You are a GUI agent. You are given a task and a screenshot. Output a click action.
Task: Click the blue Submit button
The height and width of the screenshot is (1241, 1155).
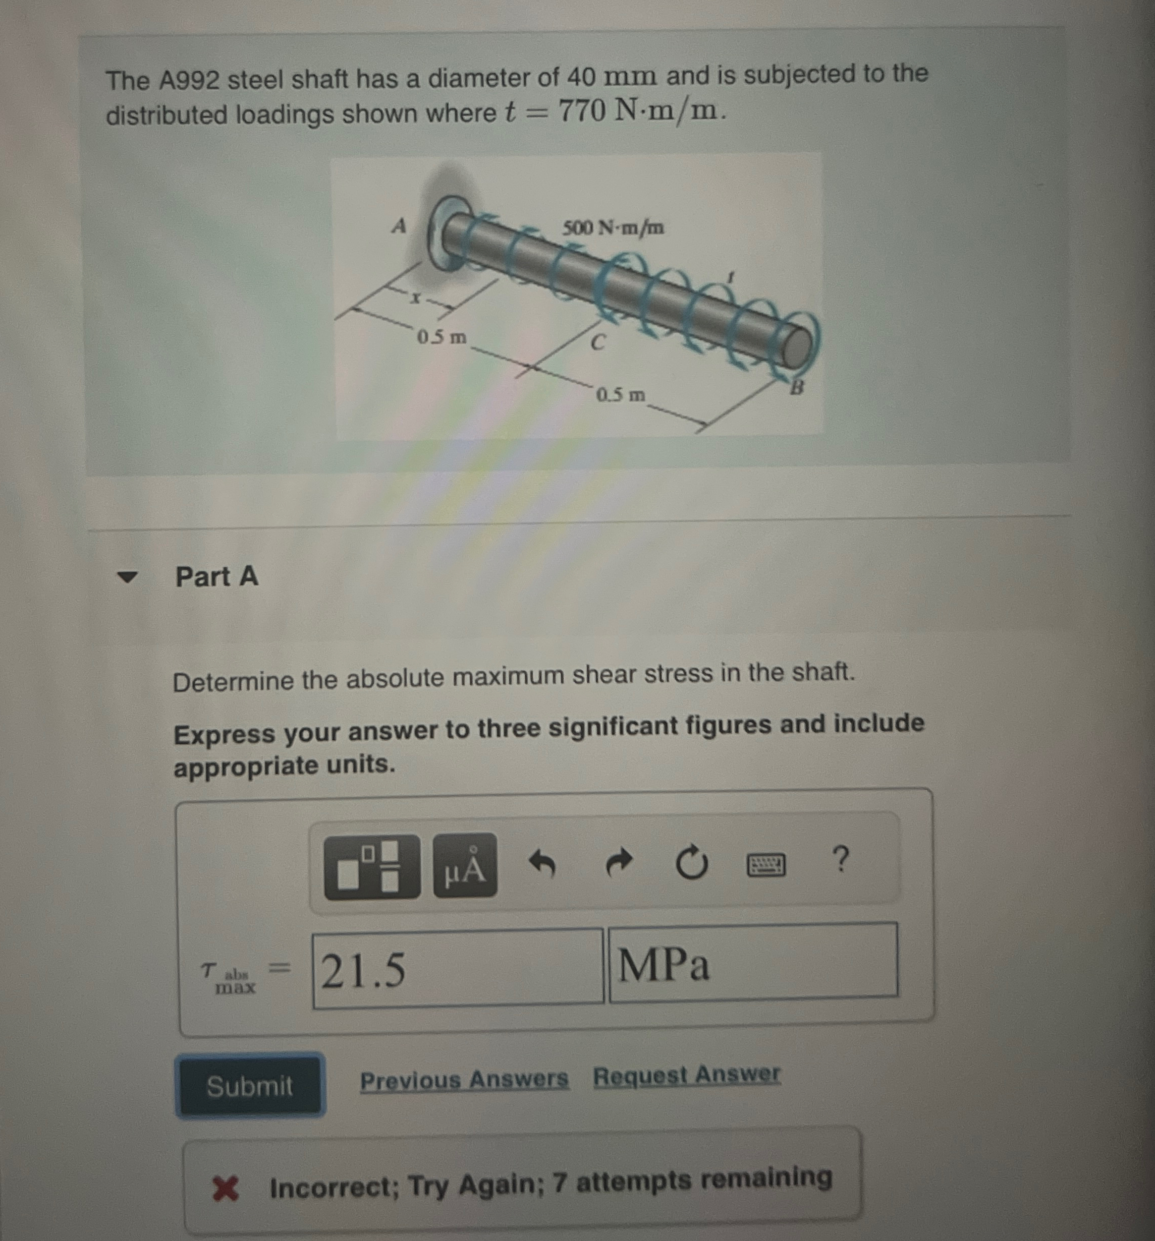(250, 1086)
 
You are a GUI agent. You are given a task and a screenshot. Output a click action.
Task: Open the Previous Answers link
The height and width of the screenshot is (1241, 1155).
(464, 1079)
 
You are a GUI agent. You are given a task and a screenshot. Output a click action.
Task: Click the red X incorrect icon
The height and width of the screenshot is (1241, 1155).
(225, 1188)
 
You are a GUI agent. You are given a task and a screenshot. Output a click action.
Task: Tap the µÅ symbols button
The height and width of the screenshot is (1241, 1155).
(465, 866)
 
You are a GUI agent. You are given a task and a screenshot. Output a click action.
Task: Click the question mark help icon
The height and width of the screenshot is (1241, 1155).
(842, 860)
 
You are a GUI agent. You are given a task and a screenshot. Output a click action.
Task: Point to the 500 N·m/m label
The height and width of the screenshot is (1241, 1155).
(613, 228)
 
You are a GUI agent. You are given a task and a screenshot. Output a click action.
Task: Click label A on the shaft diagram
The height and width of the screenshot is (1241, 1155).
(399, 225)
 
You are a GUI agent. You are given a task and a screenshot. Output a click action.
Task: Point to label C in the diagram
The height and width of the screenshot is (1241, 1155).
(598, 342)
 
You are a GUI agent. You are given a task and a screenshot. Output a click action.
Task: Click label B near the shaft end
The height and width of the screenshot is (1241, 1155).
(796, 388)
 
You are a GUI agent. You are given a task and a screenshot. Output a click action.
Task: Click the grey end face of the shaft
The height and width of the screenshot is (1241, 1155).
(796, 349)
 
